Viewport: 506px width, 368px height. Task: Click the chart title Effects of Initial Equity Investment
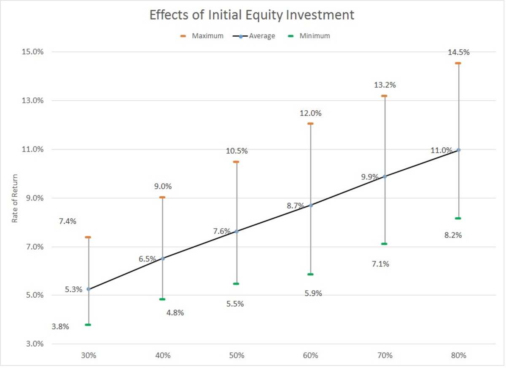tap(252, 16)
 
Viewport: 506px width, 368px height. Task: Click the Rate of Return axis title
tap(14, 198)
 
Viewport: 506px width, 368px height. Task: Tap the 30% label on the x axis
tap(89, 355)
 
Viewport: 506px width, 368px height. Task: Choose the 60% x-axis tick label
tap(310, 355)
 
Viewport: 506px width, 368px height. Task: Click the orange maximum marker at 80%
tap(458, 63)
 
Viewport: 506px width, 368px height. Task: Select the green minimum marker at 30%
tap(88, 325)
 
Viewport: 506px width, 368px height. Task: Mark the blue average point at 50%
tap(237, 231)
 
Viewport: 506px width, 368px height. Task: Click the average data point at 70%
tap(385, 176)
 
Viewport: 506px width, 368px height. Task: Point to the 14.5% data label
tap(459, 53)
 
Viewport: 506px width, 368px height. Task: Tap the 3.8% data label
tap(61, 327)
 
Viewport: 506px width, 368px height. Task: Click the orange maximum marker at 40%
tap(162, 197)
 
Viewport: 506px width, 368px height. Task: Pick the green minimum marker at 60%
tap(310, 274)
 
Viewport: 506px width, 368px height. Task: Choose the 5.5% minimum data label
tap(235, 304)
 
